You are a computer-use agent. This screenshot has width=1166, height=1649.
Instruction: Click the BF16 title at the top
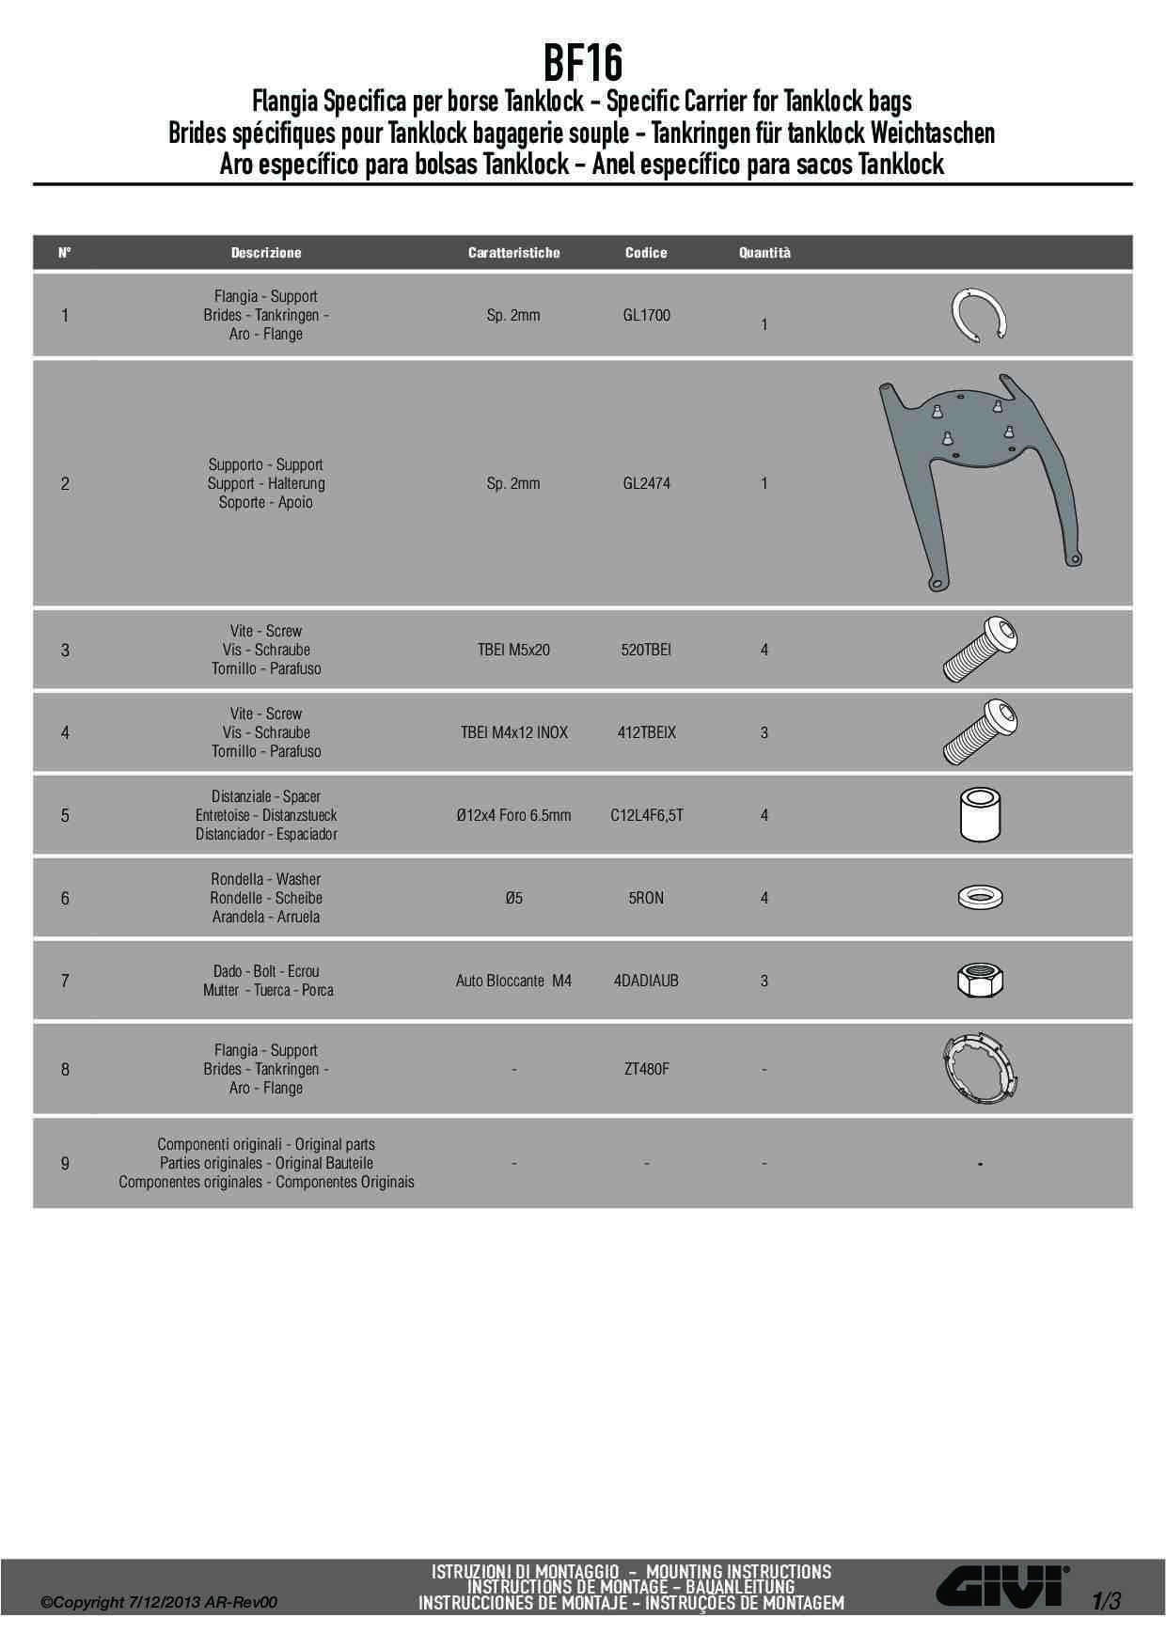(583, 64)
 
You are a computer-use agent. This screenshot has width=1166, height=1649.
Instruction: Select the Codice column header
(646, 253)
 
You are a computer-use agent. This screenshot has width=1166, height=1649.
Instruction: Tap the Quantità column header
(764, 253)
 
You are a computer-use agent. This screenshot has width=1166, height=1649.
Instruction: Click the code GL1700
(646, 316)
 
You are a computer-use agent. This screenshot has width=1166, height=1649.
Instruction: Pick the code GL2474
(646, 484)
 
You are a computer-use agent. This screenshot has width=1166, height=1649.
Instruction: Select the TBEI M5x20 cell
(513, 651)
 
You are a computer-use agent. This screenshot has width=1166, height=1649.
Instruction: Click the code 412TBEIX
(646, 733)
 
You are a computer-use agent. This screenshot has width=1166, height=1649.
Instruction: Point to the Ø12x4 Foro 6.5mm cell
(513, 816)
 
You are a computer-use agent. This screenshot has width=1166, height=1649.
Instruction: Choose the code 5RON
(646, 899)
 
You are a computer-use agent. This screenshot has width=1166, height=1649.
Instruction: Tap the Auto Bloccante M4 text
(513, 982)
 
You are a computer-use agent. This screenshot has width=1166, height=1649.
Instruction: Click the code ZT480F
(646, 1070)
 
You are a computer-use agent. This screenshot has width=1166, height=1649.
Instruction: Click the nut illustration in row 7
(980, 982)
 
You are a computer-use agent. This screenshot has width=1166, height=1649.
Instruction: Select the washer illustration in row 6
(980, 898)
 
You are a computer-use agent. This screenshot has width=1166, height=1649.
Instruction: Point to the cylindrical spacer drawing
(980, 815)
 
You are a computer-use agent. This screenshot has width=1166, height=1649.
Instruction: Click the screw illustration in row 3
(981, 650)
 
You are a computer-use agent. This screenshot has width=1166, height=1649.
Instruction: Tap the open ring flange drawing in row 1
(980, 317)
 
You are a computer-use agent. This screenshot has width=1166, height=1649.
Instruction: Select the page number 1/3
(1107, 1601)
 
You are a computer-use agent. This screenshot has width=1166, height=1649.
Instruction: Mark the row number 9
(65, 1164)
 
